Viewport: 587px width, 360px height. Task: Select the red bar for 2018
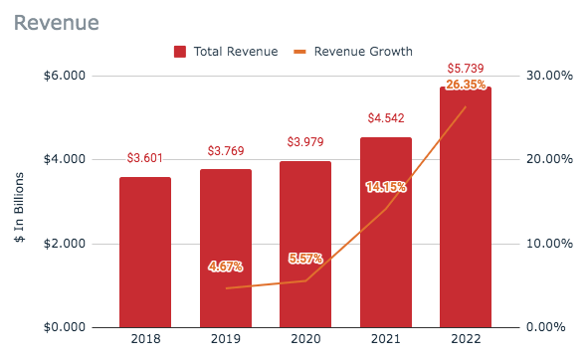tap(145, 253)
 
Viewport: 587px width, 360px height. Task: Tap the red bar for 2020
tap(304, 244)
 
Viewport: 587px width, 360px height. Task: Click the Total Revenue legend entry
tap(227, 51)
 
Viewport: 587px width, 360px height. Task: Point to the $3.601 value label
tap(145, 159)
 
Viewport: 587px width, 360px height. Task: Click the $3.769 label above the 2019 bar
tap(225, 152)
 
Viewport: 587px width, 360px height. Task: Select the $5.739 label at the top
tap(465, 69)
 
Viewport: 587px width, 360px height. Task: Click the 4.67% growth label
tap(225, 267)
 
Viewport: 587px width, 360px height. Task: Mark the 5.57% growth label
tap(305, 259)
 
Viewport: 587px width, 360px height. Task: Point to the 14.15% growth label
tap(385, 186)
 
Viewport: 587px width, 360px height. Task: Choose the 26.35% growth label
tap(466, 85)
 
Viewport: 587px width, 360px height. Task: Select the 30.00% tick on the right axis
tap(549, 76)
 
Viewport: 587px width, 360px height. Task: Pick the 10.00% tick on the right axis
tap(549, 244)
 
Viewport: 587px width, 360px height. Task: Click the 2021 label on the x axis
tap(385, 340)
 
